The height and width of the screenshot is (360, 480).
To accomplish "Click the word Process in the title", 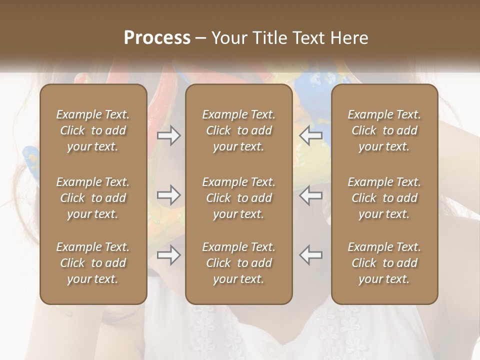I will [157, 37].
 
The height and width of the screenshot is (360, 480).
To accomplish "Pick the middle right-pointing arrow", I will [168, 195].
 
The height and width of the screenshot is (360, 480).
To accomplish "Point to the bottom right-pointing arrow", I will [168, 255].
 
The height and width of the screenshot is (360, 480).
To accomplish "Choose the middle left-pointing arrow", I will [311, 195].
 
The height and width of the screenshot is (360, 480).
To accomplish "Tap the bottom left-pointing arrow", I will [311, 255].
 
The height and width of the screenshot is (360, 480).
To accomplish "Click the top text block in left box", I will [93, 130].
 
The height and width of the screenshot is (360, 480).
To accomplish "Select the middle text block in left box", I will [93, 198].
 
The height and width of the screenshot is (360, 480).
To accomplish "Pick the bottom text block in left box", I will [93, 263].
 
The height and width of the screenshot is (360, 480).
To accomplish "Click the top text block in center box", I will [239, 130].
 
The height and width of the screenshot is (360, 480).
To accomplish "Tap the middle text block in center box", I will [239, 198].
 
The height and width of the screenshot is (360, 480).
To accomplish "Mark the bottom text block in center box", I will [239, 263].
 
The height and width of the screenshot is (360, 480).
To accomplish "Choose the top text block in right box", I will [384, 130].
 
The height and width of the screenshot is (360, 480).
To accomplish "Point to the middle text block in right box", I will [384, 198].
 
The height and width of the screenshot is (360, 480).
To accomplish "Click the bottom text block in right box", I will [384, 263].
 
